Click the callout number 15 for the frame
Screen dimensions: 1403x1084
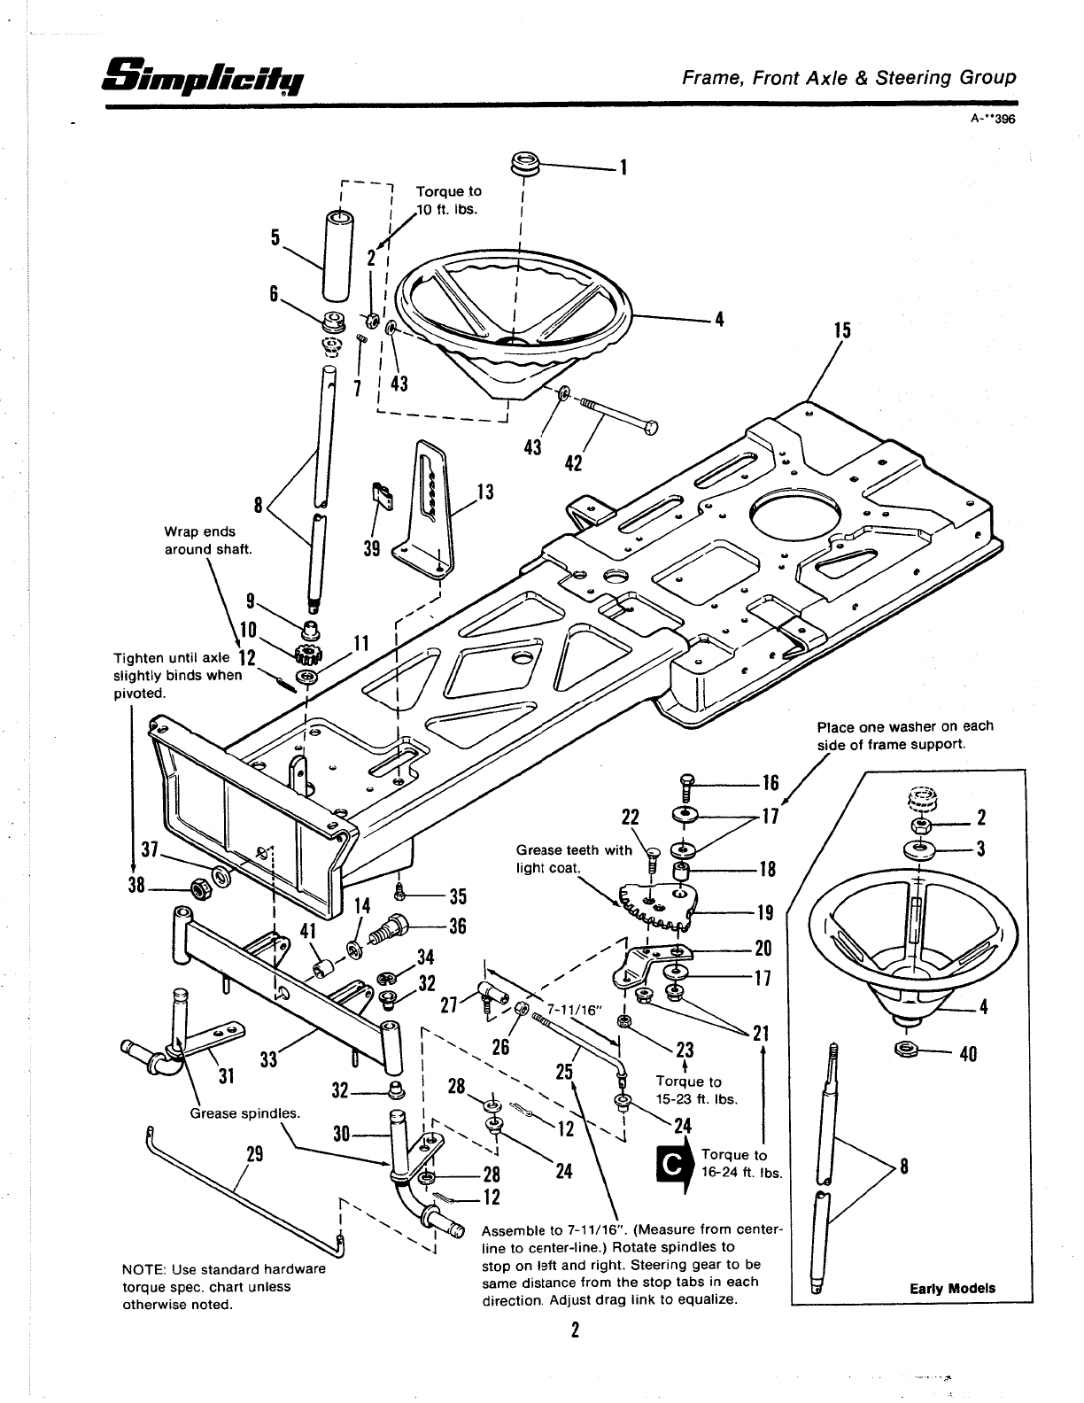842,330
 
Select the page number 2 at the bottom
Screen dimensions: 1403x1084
575,1330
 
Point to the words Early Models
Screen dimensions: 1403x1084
952,1289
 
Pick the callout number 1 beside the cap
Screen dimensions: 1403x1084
623,167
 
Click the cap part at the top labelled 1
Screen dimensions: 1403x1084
525,166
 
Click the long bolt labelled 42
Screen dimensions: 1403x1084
620,416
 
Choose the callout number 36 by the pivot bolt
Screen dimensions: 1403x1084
457,926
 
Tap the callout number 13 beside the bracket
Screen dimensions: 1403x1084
484,492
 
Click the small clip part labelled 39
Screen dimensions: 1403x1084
383,494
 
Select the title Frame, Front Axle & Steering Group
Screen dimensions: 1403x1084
848,77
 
